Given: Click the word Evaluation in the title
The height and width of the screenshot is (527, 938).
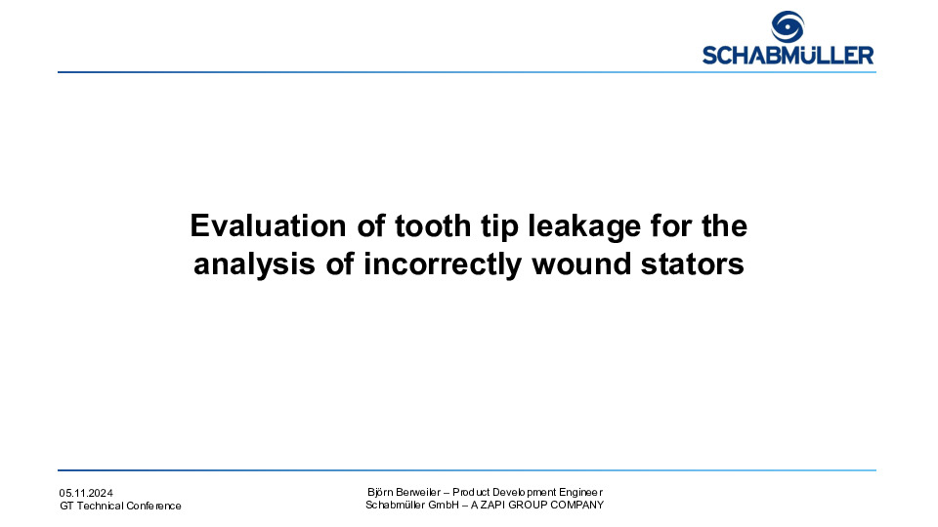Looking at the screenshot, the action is pyautogui.click(x=268, y=225).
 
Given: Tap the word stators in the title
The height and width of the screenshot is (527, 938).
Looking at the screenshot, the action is pyautogui.click(x=692, y=264).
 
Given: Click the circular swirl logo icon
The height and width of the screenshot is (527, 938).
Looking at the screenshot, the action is pyautogui.click(x=788, y=27).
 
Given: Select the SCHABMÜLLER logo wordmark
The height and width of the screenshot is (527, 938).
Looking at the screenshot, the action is pyautogui.click(x=788, y=55).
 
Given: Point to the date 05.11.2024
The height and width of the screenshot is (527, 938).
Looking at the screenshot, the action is pyautogui.click(x=86, y=493).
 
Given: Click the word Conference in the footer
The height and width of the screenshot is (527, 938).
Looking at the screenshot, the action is pyautogui.click(x=153, y=506).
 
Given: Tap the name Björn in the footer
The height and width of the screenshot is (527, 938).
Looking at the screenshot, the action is pyautogui.click(x=380, y=492).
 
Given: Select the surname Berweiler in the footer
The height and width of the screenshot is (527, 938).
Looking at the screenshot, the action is pyautogui.click(x=418, y=492).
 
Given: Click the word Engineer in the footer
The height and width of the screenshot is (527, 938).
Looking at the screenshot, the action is pyautogui.click(x=580, y=492).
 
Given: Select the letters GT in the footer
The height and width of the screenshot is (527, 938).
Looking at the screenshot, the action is pyautogui.click(x=66, y=506).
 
